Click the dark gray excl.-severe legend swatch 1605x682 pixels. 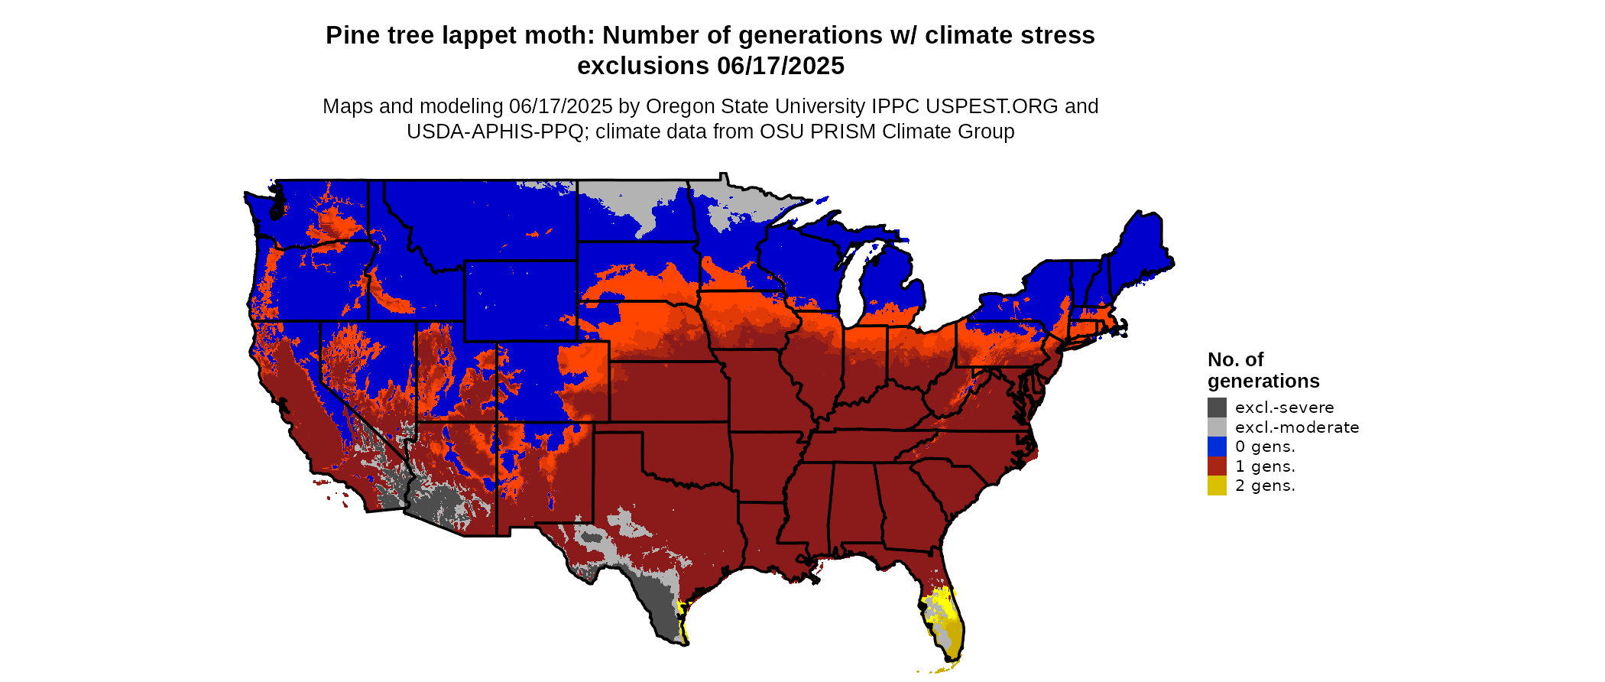[1217, 408]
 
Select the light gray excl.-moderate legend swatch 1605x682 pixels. [1217, 427]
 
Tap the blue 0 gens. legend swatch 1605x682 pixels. [1217, 447]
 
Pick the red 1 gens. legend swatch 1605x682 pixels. [1217, 466]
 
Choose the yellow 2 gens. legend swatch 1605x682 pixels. [1217, 486]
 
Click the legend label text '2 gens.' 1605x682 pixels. [1265, 486]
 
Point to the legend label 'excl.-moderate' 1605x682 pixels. [1297, 427]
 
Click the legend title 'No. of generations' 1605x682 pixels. [1263, 370]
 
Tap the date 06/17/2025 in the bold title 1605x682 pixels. [780, 66]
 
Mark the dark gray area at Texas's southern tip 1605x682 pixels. [662, 612]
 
